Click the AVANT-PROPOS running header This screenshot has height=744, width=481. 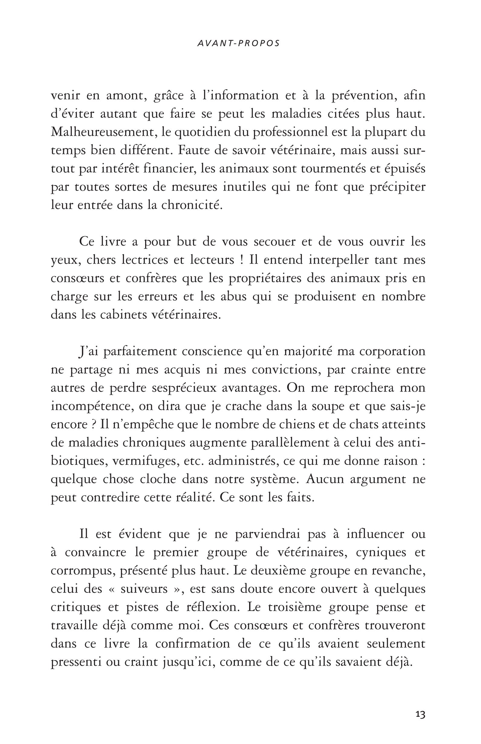pyautogui.click(x=239, y=44)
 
